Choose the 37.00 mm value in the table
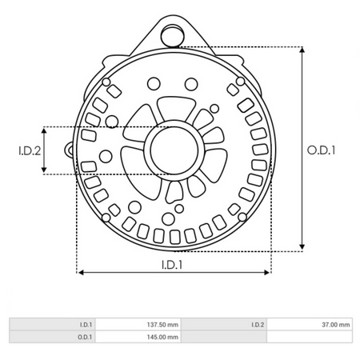(335, 325)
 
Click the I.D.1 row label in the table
(86, 325)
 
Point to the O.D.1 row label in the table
(86, 337)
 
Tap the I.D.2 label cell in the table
(258, 325)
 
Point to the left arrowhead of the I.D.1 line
(80, 272)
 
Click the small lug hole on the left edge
(70, 150)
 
